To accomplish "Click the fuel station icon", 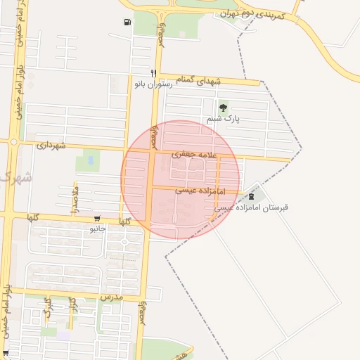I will click(127, 22).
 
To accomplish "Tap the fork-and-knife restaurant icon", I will click(153, 73).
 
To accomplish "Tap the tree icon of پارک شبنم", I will click(224, 108).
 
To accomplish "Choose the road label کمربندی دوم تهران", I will click(251, 15).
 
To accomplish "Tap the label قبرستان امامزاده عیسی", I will click(251, 207).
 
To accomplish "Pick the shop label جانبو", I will click(97, 229).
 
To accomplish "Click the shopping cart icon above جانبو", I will click(96, 218).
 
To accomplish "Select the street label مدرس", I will click(111, 297).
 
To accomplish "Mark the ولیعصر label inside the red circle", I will click(153, 138).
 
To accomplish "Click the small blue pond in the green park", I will click(90, 161).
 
